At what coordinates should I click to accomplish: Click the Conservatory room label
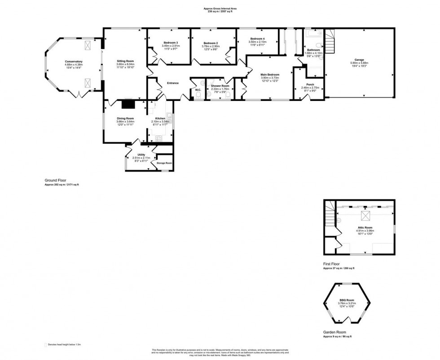[74, 61]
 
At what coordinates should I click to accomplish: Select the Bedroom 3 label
[171, 43]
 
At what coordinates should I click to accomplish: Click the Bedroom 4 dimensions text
[257, 44]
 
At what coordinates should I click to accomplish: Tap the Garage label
[359, 60]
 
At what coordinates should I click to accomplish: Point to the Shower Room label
[220, 86]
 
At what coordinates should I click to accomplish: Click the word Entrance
[173, 83]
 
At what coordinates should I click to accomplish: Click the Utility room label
[135, 155]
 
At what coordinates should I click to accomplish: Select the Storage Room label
[164, 163]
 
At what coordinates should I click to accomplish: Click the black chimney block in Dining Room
[128, 104]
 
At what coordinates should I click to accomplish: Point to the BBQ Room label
[346, 300]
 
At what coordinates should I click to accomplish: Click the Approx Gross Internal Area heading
[220, 9]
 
